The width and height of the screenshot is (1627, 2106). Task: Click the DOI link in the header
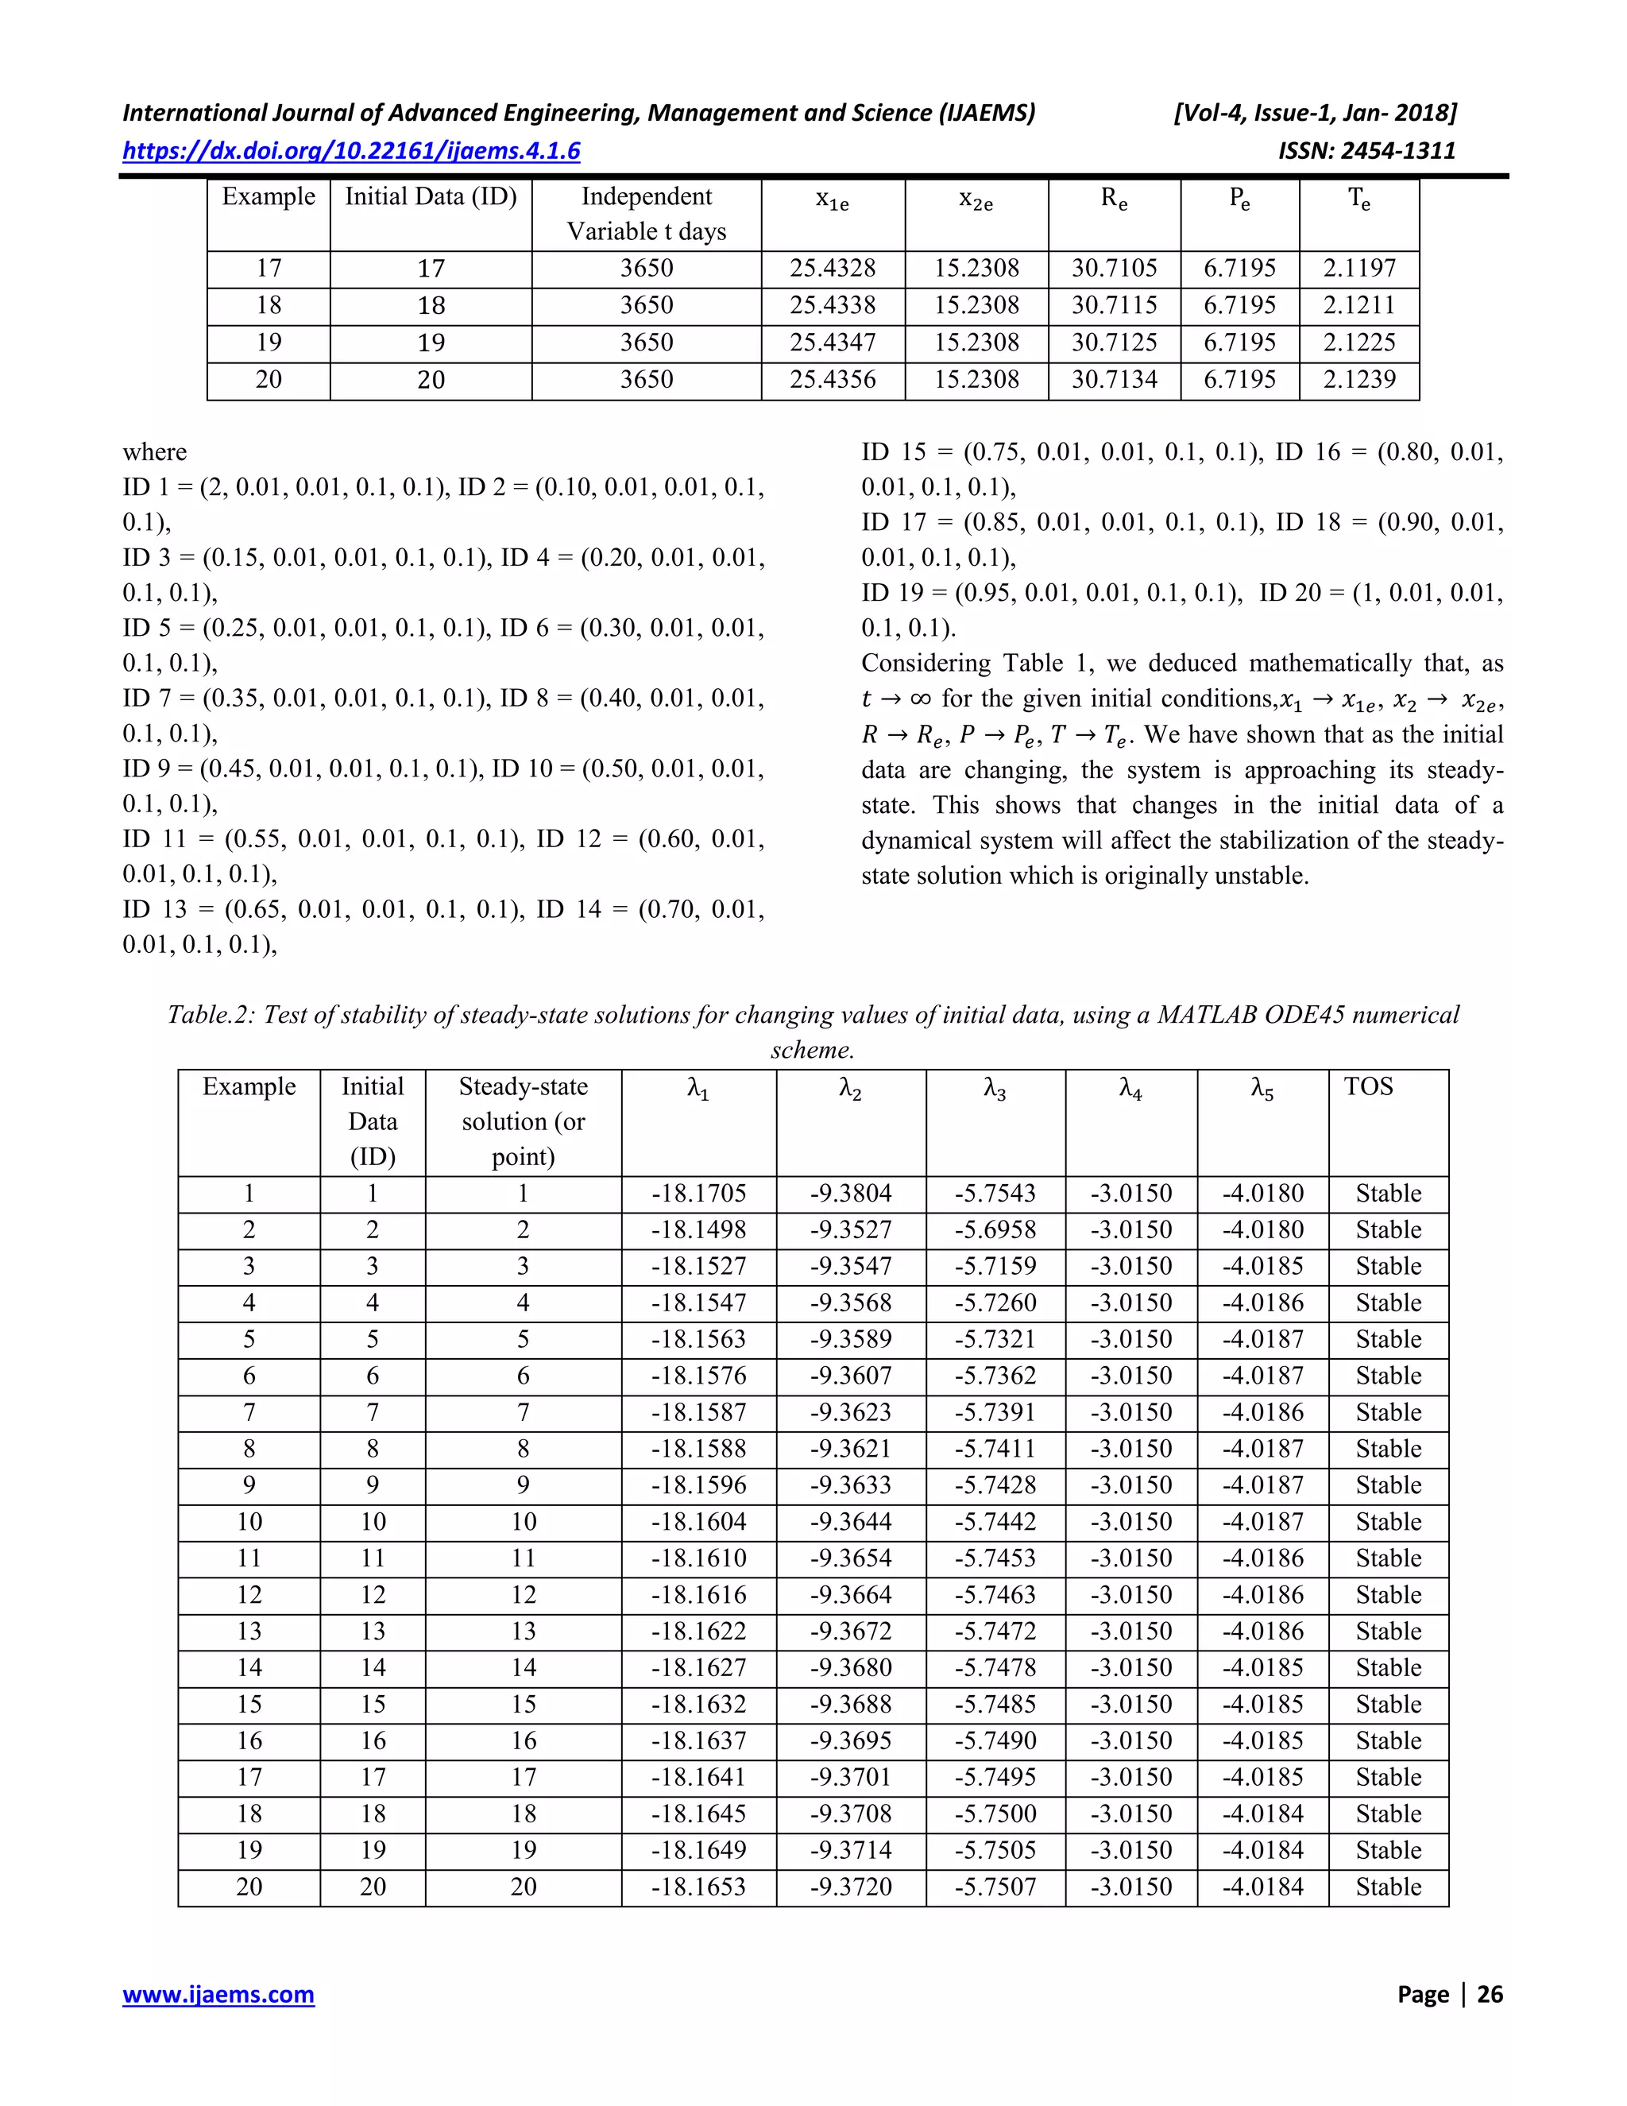point(351,151)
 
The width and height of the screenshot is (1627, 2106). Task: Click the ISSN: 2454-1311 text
point(1366,151)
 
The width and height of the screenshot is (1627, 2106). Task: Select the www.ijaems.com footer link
point(218,1993)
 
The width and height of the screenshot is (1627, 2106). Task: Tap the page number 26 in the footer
point(1490,1993)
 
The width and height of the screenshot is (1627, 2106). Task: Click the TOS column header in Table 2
point(1368,1086)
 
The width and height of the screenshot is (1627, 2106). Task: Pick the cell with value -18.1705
point(699,1194)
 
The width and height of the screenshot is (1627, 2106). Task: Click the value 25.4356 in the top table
point(833,380)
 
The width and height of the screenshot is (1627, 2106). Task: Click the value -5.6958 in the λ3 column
point(995,1230)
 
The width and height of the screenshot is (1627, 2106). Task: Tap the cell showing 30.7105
point(1115,268)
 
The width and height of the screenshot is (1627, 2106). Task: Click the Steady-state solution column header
point(523,1121)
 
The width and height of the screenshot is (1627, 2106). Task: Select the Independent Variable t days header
point(646,214)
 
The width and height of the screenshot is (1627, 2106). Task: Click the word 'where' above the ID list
point(154,452)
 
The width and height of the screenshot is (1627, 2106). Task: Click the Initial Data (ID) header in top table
point(431,197)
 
